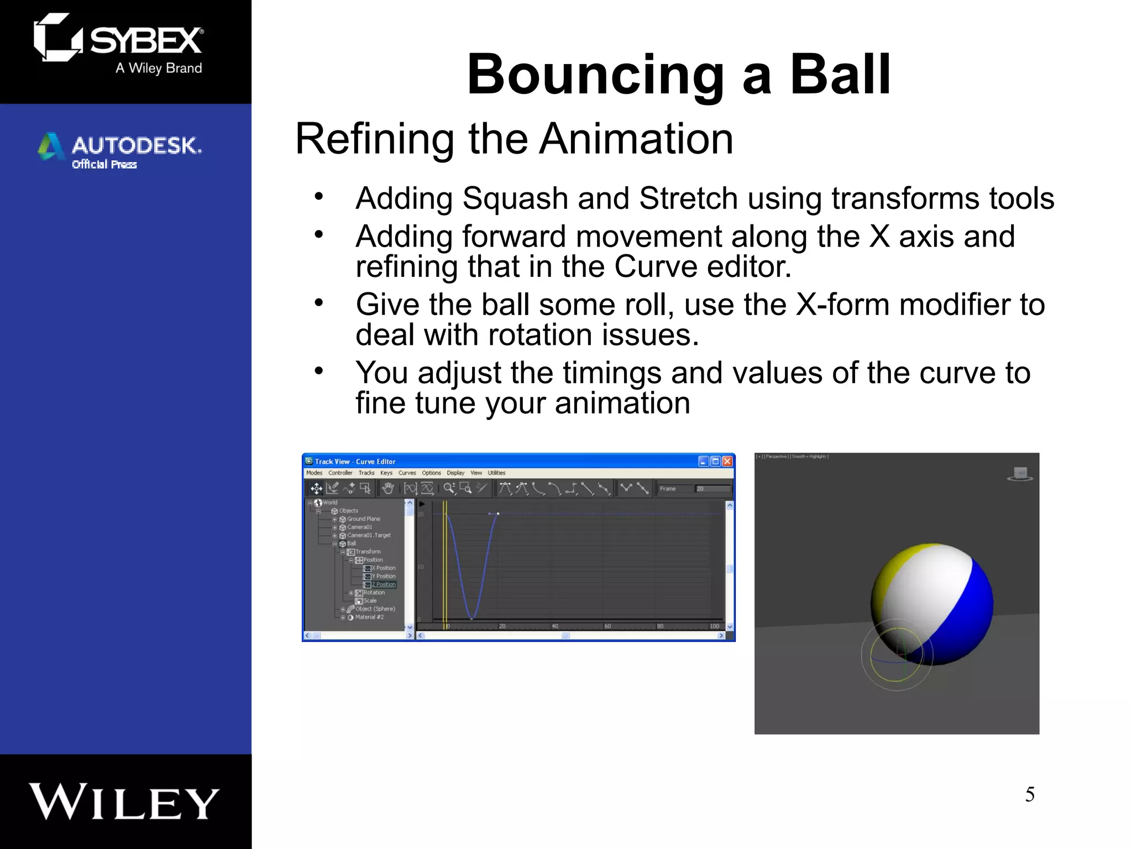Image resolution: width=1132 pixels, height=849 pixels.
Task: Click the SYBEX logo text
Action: (146, 41)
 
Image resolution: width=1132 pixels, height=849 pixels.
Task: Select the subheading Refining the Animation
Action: (514, 139)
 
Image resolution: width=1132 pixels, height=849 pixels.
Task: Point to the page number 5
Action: (1029, 794)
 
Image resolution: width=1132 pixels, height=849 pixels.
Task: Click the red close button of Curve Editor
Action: (727, 462)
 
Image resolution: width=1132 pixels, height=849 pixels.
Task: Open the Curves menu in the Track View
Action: (407, 473)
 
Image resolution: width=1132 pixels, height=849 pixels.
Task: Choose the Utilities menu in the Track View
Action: (496, 473)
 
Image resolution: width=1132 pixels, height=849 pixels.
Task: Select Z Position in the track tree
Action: (383, 584)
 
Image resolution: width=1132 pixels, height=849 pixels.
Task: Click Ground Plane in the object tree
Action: (363, 519)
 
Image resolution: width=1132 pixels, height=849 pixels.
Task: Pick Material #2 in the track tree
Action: (369, 617)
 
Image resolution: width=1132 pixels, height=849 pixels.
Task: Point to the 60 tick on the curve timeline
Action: (607, 626)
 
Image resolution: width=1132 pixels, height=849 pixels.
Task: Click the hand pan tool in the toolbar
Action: (388, 488)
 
